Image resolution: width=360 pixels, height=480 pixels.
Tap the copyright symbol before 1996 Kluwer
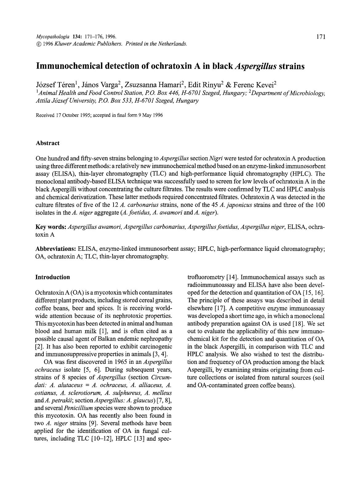pyautogui.click(x=38, y=44)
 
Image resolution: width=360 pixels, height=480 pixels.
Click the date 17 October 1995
pyautogui.click(x=68, y=115)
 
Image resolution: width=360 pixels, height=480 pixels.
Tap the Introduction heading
pyautogui.click(x=53, y=277)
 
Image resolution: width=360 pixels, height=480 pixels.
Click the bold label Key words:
pyautogui.click(x=51, y=227)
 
